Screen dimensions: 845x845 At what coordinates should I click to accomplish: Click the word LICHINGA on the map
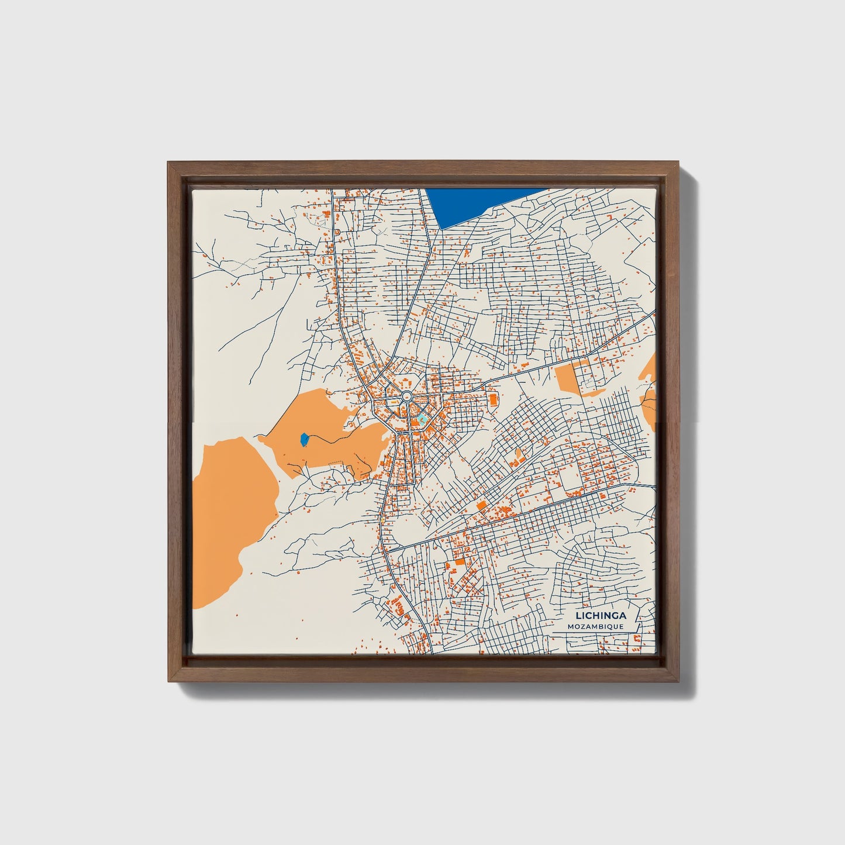[x=601, y=615]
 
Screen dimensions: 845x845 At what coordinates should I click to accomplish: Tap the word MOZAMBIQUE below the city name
[x=595, y=626]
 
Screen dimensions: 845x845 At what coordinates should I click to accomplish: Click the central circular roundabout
[x=405, y=398]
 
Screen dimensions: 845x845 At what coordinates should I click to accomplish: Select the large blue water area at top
[x=480, y=205]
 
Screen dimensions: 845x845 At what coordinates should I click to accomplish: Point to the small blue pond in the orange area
[x=304, y=439]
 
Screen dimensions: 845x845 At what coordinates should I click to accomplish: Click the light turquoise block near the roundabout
[x=421, y=419]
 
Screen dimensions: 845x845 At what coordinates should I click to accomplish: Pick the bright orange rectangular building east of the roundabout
[x=492, y=399]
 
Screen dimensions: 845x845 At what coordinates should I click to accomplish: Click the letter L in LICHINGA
[x=578, y=615]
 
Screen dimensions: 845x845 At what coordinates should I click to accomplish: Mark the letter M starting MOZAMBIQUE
[x=570, y=626]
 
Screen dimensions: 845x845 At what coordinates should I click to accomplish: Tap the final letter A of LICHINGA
[x=623, y=615]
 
